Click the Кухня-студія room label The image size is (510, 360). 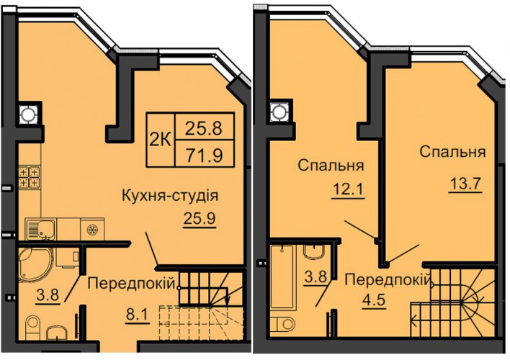[170, 196]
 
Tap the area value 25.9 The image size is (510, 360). [200, 218]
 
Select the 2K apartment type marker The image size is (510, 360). [161, 140]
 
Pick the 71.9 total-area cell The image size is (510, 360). [204, 154]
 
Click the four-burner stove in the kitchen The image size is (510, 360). [30, 177]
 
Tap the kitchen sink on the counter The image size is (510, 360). [40, 229]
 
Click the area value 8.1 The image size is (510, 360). [138, 315]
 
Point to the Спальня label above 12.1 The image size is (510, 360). [331, 165]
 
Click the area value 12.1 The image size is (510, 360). [349, 189]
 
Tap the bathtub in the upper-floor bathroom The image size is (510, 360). [282, 276]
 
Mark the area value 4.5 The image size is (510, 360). [373, 300]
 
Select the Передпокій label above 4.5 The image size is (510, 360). [388, 279]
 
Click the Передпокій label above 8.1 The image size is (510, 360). [131, 283]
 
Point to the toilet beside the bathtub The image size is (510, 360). [282, 324]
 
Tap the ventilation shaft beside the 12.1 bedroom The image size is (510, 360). [279, 112]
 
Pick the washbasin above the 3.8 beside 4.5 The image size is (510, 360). [314, 252]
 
